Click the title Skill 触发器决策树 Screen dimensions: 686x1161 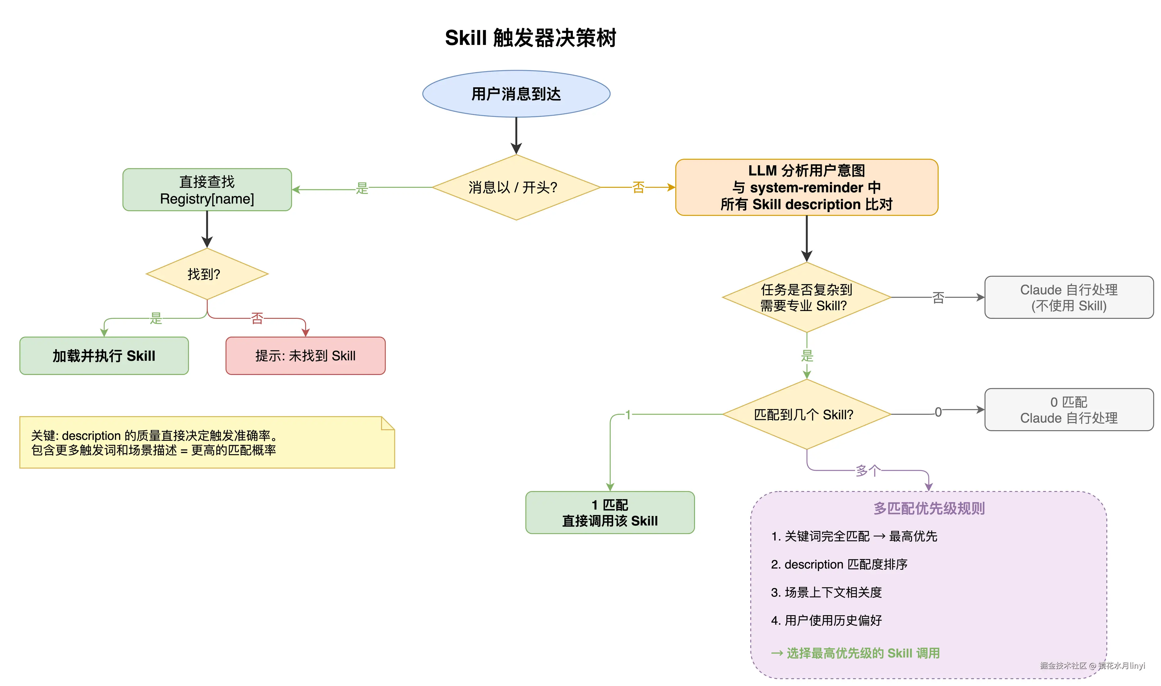pos(530,38)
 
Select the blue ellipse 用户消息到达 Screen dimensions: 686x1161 pos(516,94)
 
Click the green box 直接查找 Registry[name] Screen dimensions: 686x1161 pos(207,190)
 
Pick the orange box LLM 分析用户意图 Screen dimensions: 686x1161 pos(806,187)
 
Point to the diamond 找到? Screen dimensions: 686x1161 pos(206,274)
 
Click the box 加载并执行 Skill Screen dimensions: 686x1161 pos(104,356)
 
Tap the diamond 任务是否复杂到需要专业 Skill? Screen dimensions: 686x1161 pos(806,298)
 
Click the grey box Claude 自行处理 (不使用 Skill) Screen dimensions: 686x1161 pos(1069,298)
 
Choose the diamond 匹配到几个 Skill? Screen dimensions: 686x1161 pos(806,415)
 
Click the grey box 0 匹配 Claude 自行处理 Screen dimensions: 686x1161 pos(1069,410)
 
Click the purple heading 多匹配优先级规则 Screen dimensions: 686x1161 pos(929,508)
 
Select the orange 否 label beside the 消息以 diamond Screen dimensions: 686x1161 pos(638,187)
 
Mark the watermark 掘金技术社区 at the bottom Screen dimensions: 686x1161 pos(1063,666)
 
